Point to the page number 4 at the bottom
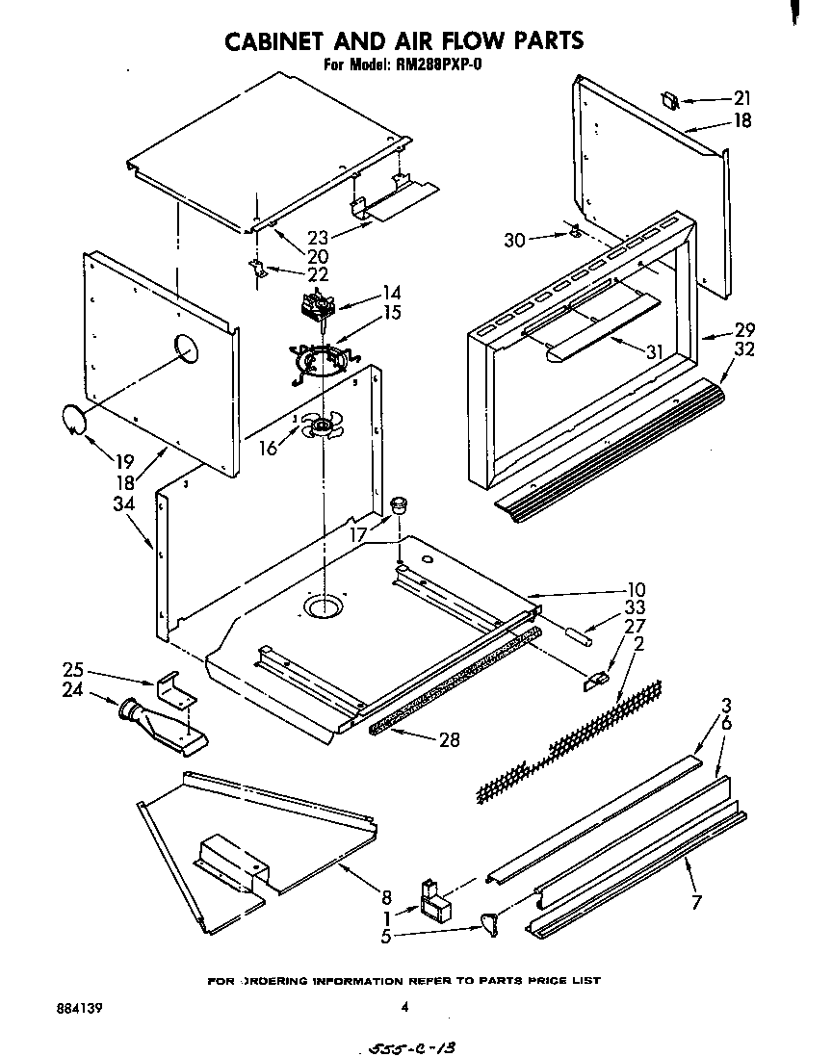click(404, 1008)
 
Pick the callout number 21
click(741, 98)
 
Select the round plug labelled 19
click(72, 420)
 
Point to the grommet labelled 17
click(399, 504)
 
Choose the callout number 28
click(448, 739)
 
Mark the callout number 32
click(743, 350)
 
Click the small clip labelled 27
click(596, 680)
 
